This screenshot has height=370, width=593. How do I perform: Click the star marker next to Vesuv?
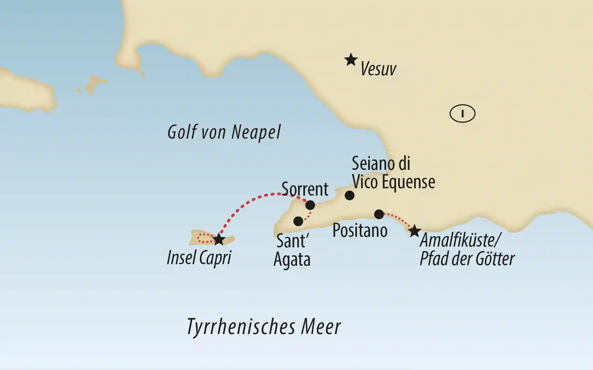click(351, 60)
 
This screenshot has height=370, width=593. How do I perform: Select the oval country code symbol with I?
click(462, 114)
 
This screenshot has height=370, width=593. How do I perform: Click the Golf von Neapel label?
click(224, 132)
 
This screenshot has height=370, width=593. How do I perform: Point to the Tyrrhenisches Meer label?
click(264, 327)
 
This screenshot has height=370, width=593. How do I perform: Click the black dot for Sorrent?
click(310, 205)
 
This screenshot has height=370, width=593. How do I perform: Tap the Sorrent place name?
click(305, 189)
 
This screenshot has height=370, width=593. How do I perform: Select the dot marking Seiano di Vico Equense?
click(350, 195)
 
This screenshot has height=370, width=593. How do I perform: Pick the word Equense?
click(408, 182)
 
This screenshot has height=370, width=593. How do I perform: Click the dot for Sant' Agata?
click(298, 221)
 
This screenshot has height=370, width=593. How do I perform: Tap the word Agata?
click(292, 259)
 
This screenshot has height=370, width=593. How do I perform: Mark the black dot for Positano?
click(379, 214)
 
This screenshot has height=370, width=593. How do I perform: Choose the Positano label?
click(360, 231)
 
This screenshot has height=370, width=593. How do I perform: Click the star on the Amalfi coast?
click(414, 231)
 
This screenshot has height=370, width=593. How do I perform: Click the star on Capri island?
click(219, 239)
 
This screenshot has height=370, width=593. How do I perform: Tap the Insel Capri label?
click(199, 258)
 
